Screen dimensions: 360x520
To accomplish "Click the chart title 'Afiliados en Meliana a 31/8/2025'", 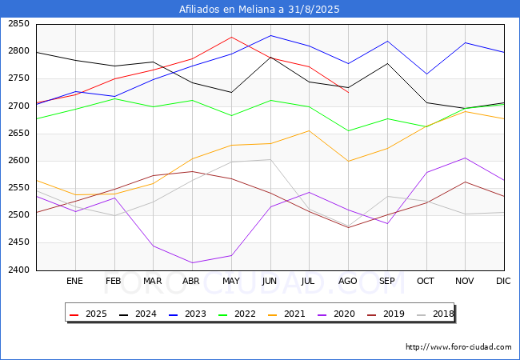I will [260, 10].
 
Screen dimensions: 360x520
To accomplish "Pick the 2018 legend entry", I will [436, 314].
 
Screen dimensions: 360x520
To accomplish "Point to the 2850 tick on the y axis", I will [18, 24].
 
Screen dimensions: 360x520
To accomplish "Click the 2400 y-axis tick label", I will [18, 270].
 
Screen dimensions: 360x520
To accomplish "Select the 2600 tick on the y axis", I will [18, 161].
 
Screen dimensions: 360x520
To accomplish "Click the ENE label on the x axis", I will [74, 281].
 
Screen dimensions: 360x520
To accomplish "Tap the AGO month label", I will [348, 281].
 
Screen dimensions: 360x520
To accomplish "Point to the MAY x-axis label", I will [231, 281].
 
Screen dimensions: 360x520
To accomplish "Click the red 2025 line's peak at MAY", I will [231, 37].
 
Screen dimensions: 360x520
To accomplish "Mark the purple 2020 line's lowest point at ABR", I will [192, 262].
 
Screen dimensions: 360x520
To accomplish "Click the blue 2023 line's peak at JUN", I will [270, 35].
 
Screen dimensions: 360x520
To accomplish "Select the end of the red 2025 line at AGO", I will [348, 93].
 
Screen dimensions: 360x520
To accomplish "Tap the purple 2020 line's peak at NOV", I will [465, 158].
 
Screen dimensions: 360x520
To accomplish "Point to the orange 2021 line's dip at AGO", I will [348, 161].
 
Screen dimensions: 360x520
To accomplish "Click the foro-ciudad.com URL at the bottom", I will [458, 347].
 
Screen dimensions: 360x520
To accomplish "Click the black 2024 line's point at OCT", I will [426, 102].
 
